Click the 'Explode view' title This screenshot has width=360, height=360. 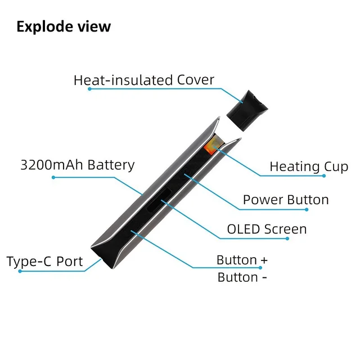point(64,26)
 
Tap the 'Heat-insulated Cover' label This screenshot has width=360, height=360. point(143,80)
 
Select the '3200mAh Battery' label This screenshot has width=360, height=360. point(78,165)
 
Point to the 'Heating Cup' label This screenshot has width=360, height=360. point(309,166)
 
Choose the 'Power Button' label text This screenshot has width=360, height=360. point(286,200)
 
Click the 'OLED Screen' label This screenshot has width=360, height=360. point(267,229)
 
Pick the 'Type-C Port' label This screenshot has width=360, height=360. point(44,262)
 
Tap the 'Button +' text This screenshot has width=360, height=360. point(242,260)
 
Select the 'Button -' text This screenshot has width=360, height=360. point(242,277)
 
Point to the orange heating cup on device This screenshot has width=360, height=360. point(211,145)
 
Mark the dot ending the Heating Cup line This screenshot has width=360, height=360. point(325,176)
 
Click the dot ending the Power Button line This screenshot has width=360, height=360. point(307,210)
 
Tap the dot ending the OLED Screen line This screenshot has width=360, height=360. point(287,238)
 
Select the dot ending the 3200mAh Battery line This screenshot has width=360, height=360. point(53,177)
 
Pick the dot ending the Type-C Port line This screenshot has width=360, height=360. point(20,271)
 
